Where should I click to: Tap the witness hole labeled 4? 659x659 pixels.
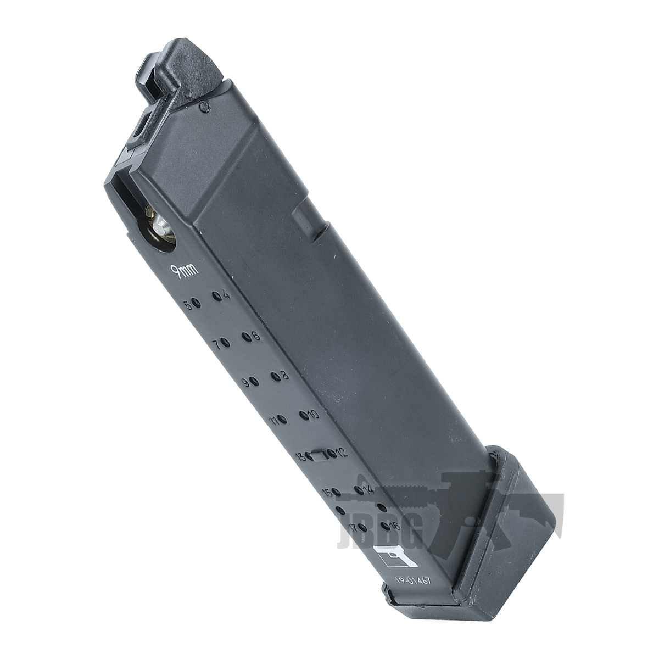(217, 297)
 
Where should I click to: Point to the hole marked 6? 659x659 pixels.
(245, 336)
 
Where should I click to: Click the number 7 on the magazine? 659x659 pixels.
(216, 345)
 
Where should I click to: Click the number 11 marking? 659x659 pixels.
(273, 421)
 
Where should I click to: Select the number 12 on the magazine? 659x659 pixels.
(340, 453)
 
